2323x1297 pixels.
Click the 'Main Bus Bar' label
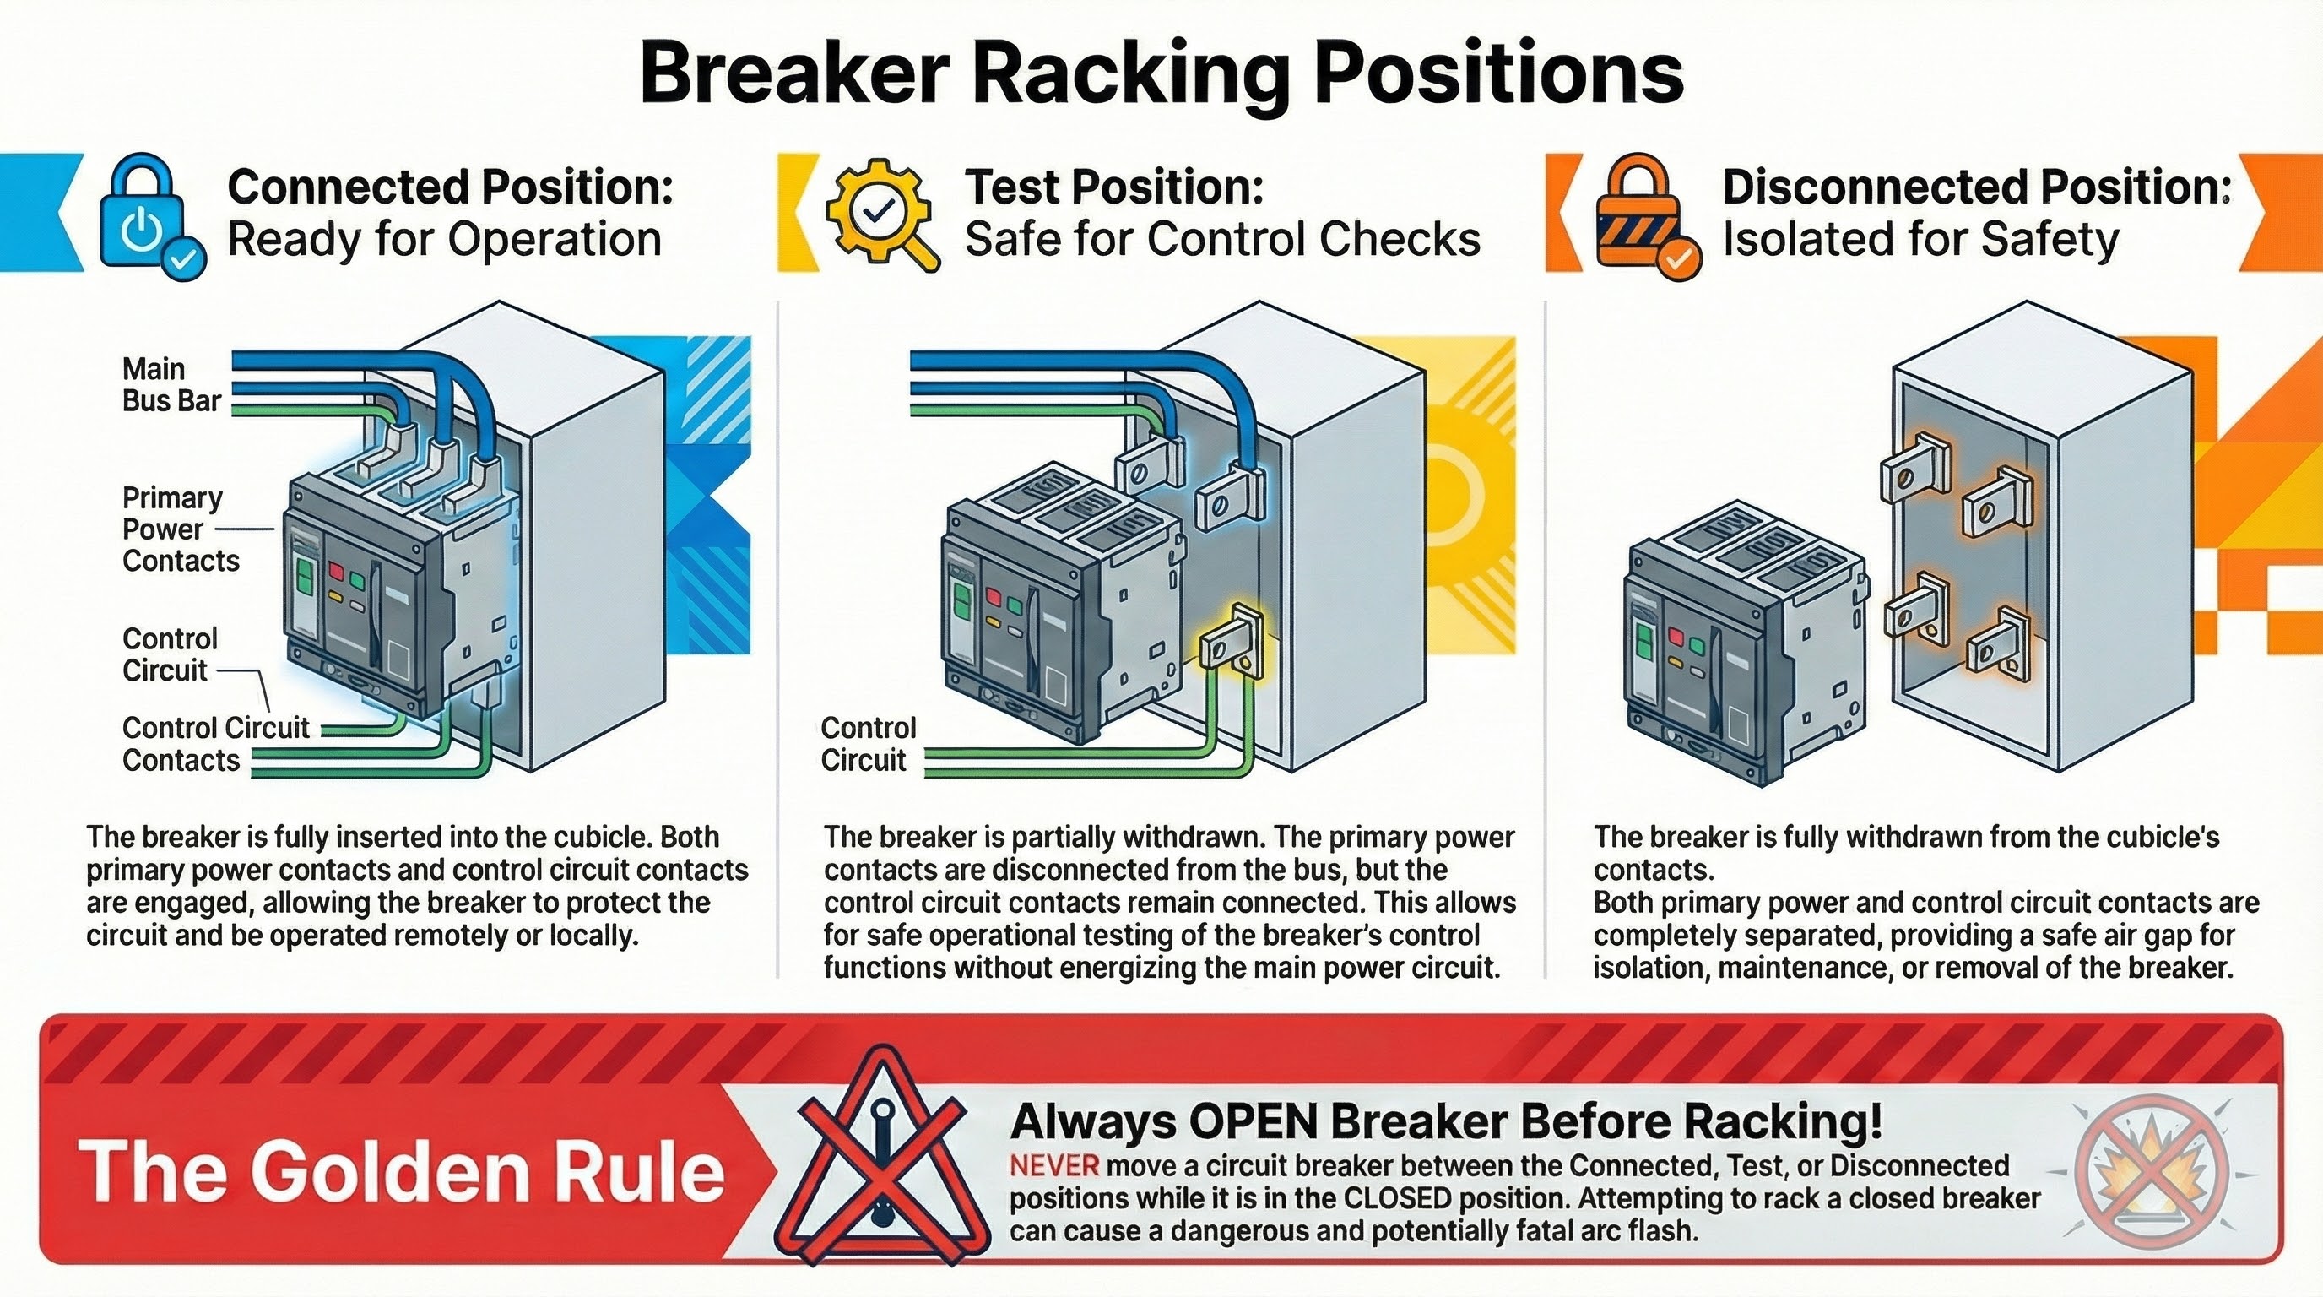[171, 384]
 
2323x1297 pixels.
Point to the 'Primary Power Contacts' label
[181, 529]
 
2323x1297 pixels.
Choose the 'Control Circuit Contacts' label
[215, 743]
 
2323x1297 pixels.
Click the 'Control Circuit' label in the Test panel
[868, 743]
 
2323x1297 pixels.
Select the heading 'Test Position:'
[1113, 187]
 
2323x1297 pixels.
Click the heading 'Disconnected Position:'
[1975, 187]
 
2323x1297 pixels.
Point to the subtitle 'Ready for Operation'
[445, 240]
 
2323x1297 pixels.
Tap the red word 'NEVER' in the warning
[1054, 1166]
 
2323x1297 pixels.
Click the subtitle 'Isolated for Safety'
[1921, 240]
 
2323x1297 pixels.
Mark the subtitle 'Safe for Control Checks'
[1223, 240]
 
